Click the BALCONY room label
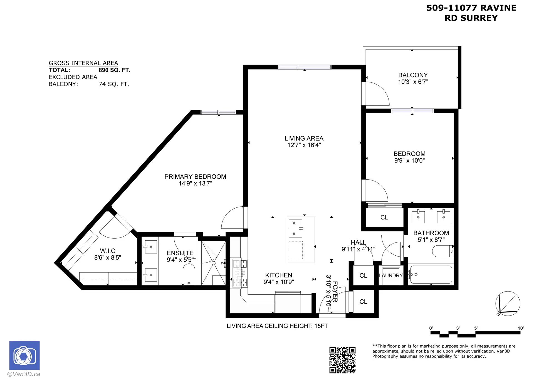(413, 75)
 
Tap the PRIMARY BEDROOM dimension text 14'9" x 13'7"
(195, 184)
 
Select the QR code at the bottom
(342, 360)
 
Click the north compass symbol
(508, 304)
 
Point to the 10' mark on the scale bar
(520, 329)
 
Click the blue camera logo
(24, 355)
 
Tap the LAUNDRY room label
(391, 275)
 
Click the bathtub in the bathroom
(431, 275)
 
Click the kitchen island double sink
(295, 228)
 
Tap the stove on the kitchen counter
(240, 273)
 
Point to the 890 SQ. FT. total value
(114, 70)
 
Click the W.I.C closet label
(108, 251)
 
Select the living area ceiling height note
(277, 326)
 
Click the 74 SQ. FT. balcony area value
(114, 84)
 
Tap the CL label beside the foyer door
(363, 302)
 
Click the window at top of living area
(305, 67)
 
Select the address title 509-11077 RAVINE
(471, 8)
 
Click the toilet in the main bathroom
(442, 251)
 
